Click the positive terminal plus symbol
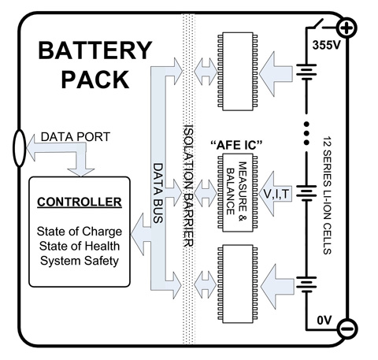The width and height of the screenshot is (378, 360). pyautogui.click(x=347, y=28)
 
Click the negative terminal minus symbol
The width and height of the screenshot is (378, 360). pyautogui.click(x=347, y=328)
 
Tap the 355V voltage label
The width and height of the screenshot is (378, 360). pyautogui.click(x=326, y=45)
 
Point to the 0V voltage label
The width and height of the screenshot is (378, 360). pyautogui.click(x=324, y=321)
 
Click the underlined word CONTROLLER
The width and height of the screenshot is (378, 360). pyautogui.click(x=80, y=202)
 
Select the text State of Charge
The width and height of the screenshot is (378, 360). pyautogui.click(x=80, y=232)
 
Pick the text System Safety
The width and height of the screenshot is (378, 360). pyautogui.click(x=80, y=261)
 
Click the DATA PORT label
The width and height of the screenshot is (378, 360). pyautogui.click(x=76, y=137)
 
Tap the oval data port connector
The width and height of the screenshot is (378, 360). pyautogui.click(x=19, y=148)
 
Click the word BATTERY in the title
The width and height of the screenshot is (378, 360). pyautogui.click(x=95, y=50)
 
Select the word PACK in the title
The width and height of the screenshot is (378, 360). pyautogui.click(x=95, y=80)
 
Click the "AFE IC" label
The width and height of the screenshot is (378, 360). pyautogui.click(x=236, y=145)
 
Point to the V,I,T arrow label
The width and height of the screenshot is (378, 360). pyautogui.click(x=276, y=195)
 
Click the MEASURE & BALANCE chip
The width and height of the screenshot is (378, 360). pyautogui.click(x=238, y=193)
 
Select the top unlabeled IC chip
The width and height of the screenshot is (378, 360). pyautogui.click(x=238, y=71)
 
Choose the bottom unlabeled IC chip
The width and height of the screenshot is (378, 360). pyautogui.click(x=238, y=284)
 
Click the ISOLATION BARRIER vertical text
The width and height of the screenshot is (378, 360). pyautogui.click(x=189, y=185)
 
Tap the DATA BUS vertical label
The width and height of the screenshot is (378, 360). pyautogui.click(x=158, y=193)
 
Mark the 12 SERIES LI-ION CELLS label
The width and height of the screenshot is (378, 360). pyautogui.click(x=327, y=195)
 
